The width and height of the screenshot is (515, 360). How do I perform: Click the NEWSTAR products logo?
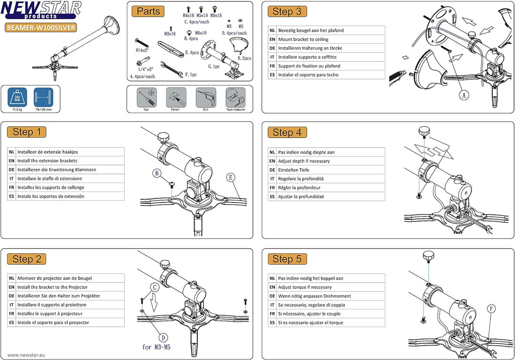pyautogui.click(x=41, y=10)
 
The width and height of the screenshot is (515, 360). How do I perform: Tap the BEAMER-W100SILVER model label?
pyautogui.click(x=41, y=27)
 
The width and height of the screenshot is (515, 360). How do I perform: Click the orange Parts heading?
pyautogui.click(x=148, y=11)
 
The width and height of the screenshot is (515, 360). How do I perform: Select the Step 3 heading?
pyautogui.click(x=287, y=11)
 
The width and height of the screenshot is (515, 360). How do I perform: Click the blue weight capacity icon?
pyautogui.click(x=18, y=97)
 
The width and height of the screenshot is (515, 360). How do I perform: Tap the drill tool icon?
pyautogui.click(x=206, y=98)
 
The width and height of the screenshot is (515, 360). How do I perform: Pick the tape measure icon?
pyautogui.click(x=236, y=98)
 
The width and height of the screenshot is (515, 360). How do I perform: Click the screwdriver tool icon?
pyautogui.click(x=146, y=98)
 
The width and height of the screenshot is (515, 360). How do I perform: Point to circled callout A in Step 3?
pyautogui.click(x=464, y=95)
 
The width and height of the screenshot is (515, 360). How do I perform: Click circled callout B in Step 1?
pyautogui.click(x=157, y=173)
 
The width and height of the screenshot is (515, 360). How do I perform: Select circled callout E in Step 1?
pyautogui.click(x=231, y=178)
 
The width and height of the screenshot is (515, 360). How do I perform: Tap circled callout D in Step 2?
pyautogui.click(x=163, y=337)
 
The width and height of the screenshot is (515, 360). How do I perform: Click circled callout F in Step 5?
pyautogui.click(x=491, y=309)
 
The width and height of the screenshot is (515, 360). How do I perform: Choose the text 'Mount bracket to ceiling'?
pyautogui.click(x=303, y=40)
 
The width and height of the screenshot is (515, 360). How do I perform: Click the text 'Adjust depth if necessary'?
pyautogui.click(x=304, y=161)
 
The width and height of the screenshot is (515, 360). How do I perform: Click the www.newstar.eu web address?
pyautogui.click(x=26, y=355)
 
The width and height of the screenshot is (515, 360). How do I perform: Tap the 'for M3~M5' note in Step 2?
pyautogui.click(x=156, y=347)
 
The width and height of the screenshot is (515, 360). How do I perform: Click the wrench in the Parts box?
pyautogui.click(x=172, y=69)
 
